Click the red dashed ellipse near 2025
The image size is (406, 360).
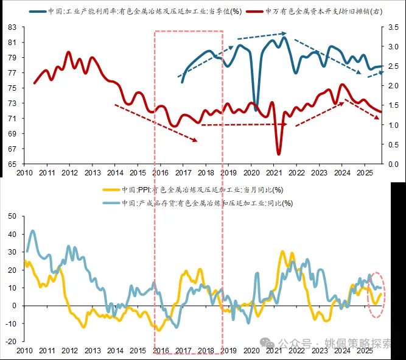[377, 294]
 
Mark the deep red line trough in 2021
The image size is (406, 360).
[279, 153]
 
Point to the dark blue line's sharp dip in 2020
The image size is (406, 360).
[256, 110]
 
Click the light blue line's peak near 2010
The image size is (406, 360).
[32, 231]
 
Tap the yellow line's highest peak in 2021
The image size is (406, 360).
[282, 251]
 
